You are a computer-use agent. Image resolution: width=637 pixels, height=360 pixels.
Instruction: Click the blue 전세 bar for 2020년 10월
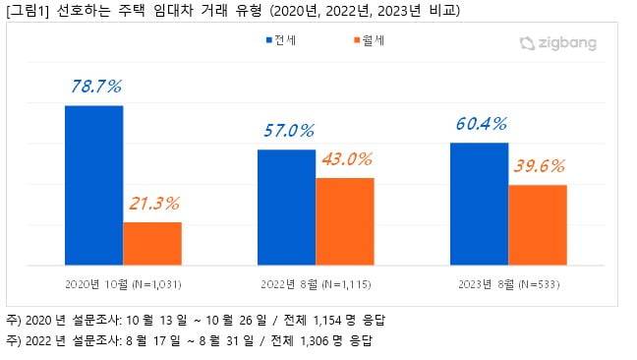[93, 185]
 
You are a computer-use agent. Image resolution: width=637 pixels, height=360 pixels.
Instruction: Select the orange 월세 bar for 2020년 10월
[152, 243]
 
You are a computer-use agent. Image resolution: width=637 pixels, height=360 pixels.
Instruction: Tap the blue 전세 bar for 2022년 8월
[286, 207]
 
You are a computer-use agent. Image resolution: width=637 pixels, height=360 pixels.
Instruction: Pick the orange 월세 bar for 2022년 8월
[345, 221]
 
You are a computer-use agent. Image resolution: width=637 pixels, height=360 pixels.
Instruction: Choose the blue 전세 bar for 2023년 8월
[479, 204]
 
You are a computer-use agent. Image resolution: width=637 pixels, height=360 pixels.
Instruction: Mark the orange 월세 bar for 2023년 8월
[538, 224]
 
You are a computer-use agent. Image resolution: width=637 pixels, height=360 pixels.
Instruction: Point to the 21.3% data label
[153, 204]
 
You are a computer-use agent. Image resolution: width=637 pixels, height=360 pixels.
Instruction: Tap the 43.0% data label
[346, 158]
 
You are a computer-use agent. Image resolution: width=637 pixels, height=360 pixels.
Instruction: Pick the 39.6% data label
[539, 165]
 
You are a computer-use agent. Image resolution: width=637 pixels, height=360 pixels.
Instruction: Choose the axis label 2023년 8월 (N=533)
[508, 284]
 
